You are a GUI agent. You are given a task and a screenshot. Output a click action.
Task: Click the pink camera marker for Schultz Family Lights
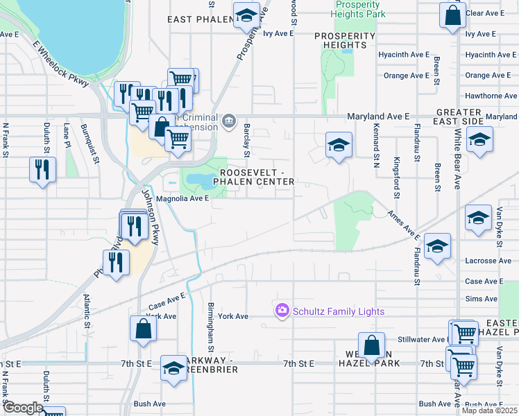pyautogui.click(x=282, y=311)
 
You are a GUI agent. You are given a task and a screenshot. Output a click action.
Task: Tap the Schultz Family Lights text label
pyautogui.click(x=339, y=311)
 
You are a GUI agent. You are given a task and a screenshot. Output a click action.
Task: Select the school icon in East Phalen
pyautogui.click(x=245, y=15)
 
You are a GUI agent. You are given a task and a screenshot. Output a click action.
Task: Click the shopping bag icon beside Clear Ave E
pyautogui.click(x=452, y=15)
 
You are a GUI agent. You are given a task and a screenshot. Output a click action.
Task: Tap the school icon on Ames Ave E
pyautogui.click(x=437, y=246)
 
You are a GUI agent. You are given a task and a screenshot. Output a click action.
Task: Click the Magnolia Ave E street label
pyautogui.click(x=182, y=198)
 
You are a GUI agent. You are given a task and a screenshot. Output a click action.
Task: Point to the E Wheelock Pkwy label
pyautogui.click(x=61, y=63)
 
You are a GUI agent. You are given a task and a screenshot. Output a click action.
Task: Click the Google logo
pyautogui.click(x=23, y=408)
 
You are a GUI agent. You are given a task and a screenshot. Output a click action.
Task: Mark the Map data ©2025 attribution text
pyautogui.click(x=488, y=410)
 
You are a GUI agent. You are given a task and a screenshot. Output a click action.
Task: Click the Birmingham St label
pyautogui.click(x=210, y=326)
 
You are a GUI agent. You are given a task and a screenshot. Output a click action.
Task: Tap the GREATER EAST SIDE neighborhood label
pyautogui.click(x=459, y=116)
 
